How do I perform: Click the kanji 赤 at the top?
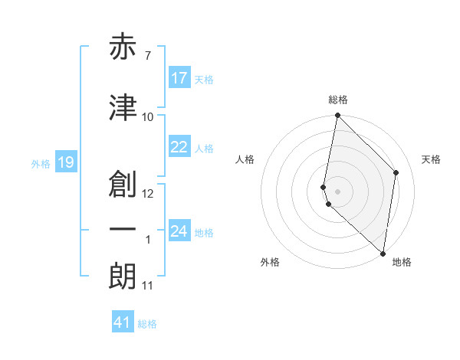tap(123, 48)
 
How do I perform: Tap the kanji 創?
tap(123, 184)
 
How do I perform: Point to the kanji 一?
tap(123, 230)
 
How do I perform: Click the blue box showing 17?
tap(179, 78)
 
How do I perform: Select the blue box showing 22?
tap(179, 147)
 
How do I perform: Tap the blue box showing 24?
tap(179, 231)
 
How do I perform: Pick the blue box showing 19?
tap(66, 162)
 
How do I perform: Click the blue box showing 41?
tap(123, 322)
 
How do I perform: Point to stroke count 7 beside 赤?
tap(147, 55)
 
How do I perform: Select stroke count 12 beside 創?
tap(148, 193)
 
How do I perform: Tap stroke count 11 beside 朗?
tap(147, 286)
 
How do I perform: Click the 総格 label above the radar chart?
tap(338, 100)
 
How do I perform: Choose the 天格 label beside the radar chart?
tap(432, 159)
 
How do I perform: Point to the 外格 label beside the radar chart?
tap(270, 263)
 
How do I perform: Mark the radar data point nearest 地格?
tap(383, 253)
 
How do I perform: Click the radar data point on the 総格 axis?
tap(337, 116)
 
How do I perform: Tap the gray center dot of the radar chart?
tap(337, 190)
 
